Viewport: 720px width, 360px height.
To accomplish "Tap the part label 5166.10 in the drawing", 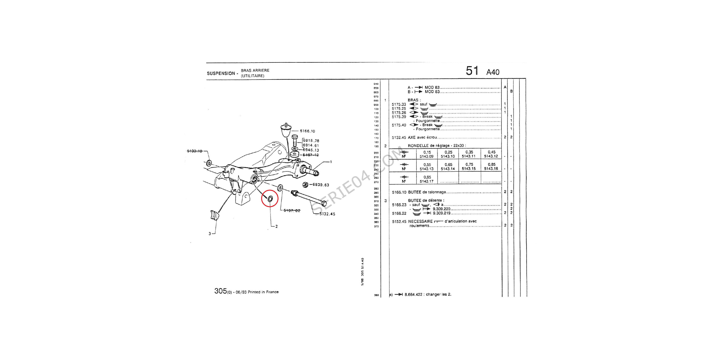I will [307, 131].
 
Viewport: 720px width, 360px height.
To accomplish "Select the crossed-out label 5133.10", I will [195, 151].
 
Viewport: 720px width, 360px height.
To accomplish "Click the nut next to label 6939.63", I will [305, 185].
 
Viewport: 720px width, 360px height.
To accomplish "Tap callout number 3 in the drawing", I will [210, 234].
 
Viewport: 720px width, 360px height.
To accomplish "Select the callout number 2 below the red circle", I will [276, 226].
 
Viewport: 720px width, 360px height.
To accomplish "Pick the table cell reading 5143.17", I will [427, 181].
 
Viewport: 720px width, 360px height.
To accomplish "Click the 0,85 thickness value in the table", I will [491, 165].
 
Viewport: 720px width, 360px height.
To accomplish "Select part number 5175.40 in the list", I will [399, 125].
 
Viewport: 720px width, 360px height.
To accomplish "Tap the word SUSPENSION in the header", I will [221, 73].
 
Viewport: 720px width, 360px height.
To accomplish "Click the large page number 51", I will [472, 71].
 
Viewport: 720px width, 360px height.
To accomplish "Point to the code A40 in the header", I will [493, 72].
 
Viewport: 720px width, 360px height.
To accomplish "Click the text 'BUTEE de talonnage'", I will [427, 192].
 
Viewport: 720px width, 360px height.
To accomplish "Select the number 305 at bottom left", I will [220, 291].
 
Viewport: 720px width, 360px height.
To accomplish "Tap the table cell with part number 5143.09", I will [427, 157].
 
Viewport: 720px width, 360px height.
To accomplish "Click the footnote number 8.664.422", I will [413, 295].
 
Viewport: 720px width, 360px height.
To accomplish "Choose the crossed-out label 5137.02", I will [292, 210].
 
